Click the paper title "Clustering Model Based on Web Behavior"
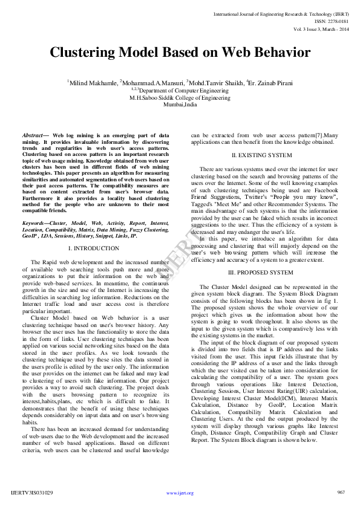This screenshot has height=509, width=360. click(180, 53)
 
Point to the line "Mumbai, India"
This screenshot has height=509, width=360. click(180, 103)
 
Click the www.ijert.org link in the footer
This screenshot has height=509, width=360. click(180, 493)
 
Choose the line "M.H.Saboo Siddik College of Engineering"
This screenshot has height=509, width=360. click(180, 97)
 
